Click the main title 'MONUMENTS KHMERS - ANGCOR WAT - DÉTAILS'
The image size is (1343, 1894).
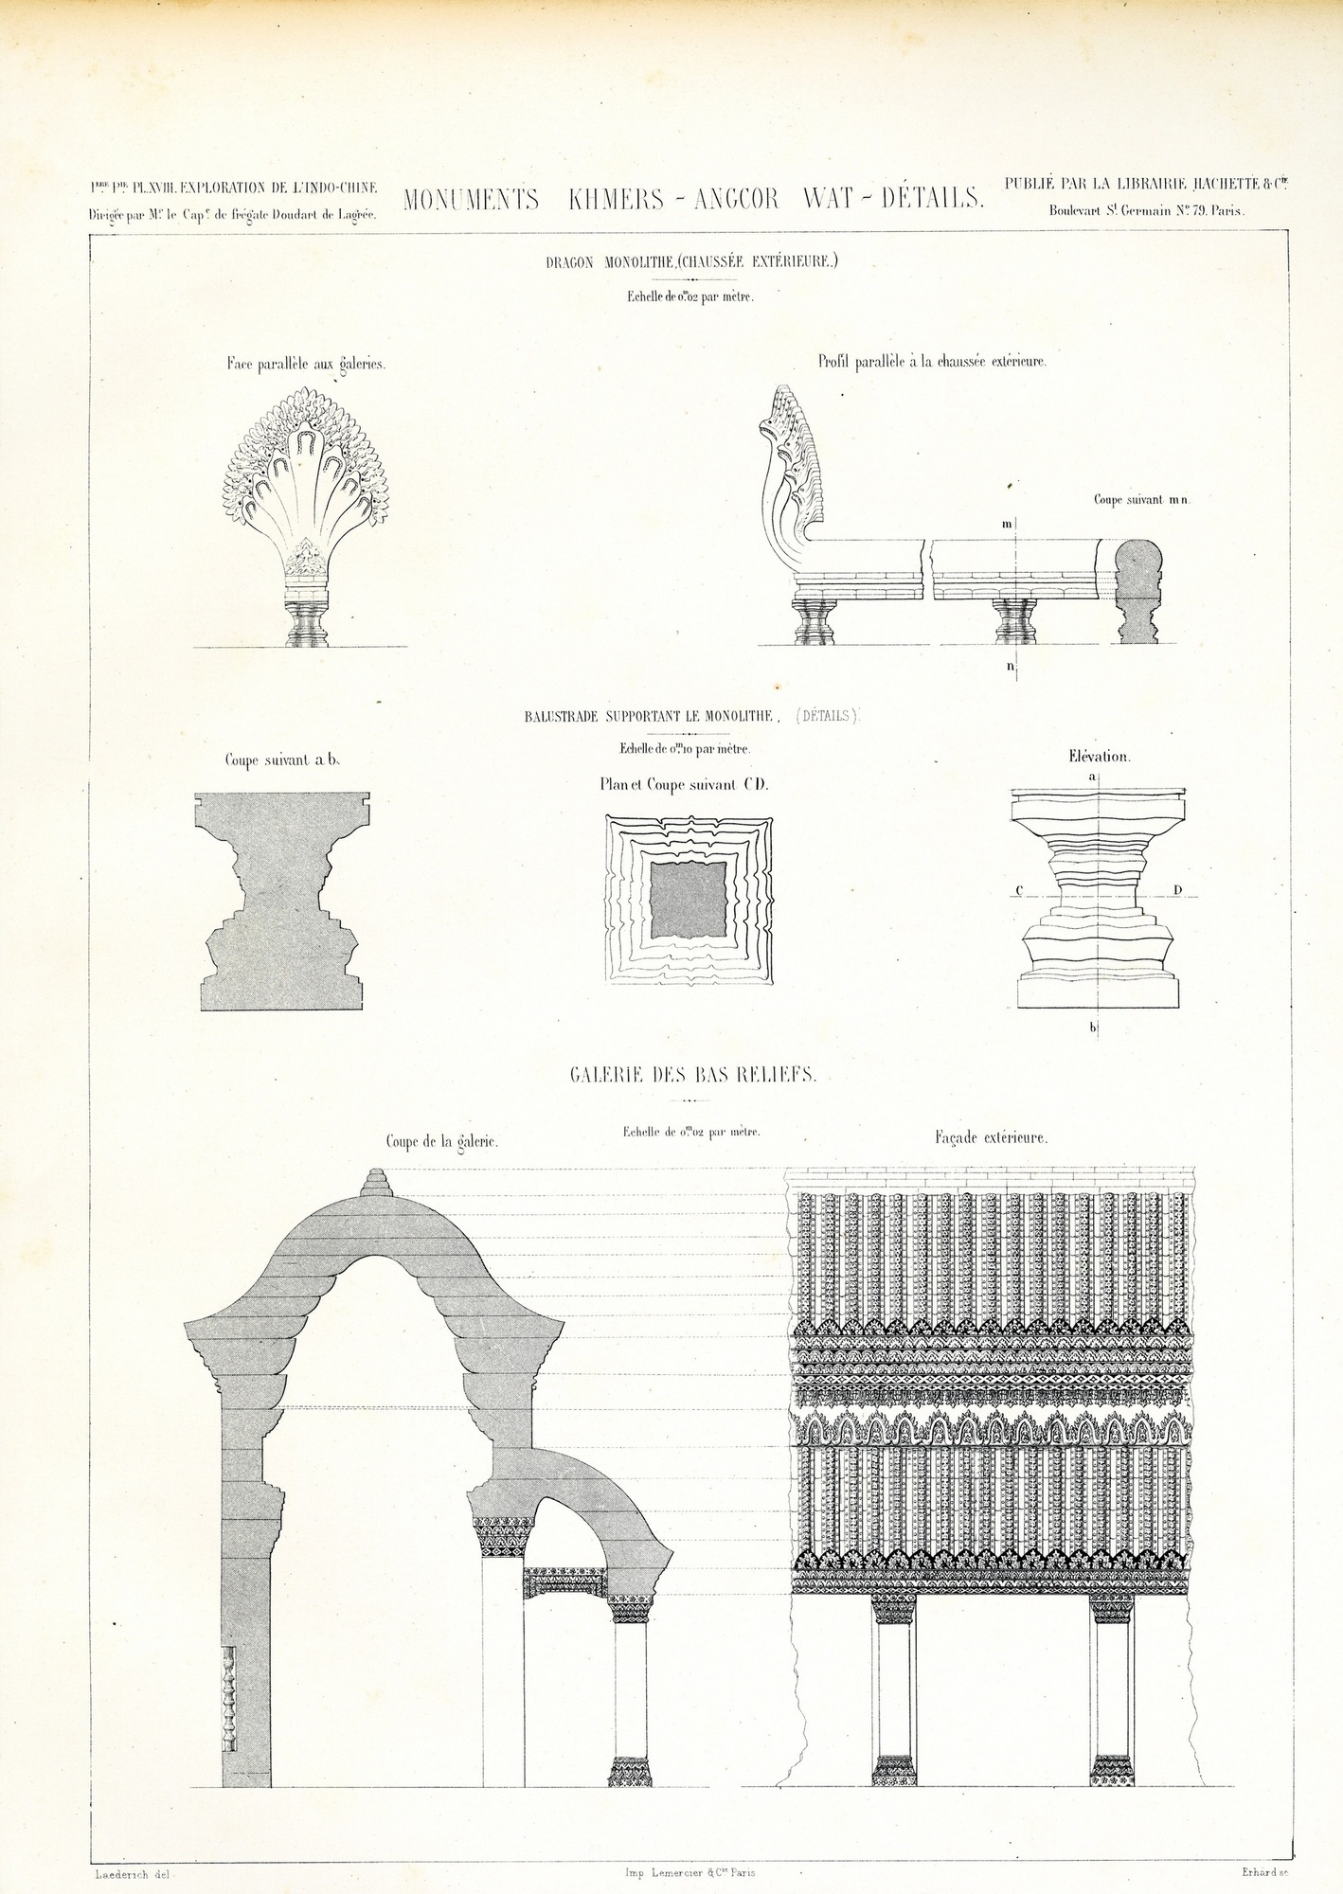(x=694, y=200)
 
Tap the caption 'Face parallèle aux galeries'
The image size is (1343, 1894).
(x=305, y=364)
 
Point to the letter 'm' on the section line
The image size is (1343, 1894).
(x=1007, y=523)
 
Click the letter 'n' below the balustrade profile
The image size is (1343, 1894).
(x=1010, y=667)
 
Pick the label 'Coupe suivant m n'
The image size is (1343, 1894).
(x=1141, y=500)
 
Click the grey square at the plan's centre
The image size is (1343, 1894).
(x=689, y=901)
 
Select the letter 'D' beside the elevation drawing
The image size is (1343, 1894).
(x=1176, y=890)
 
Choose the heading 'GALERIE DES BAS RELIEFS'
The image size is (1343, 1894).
(x=693, y=1075)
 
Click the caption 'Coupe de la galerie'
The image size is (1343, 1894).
(x=441, y=1143)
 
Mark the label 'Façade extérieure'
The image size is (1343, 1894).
(x=991, y=1138)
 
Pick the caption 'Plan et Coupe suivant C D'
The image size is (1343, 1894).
(x=684, y=784)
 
